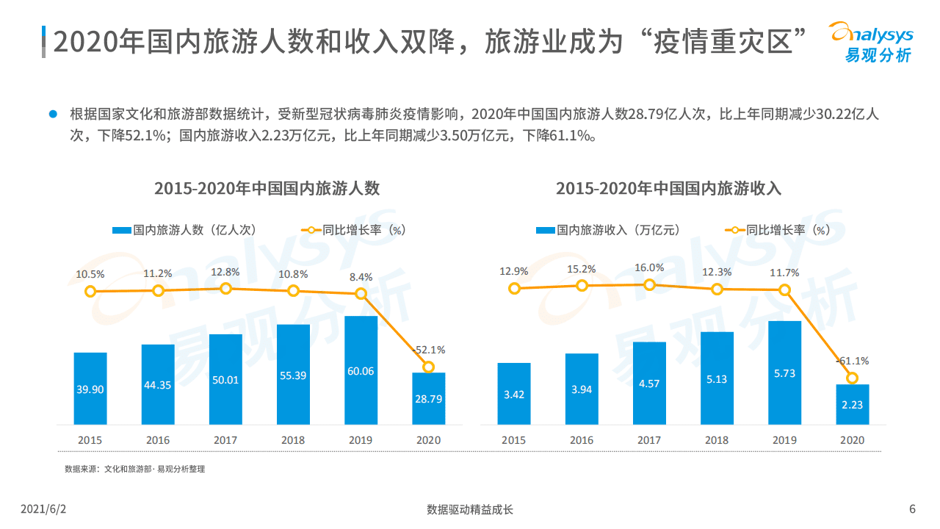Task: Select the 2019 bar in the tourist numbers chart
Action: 361,370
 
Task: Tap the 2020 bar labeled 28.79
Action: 428,398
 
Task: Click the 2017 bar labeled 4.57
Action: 649,383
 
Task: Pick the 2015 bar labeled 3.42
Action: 513,394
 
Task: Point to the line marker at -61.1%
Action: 852,378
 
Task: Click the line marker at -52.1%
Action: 428,367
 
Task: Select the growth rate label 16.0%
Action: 649,268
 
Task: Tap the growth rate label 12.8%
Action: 225,272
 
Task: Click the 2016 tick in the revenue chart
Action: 581,440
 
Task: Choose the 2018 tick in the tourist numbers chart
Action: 293,440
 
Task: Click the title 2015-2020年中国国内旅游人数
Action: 267,188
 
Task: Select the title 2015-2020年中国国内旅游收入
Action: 668,188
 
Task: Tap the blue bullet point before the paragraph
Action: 52,114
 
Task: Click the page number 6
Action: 912,509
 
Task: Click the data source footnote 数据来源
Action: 134,469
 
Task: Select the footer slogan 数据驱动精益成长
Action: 470,509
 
